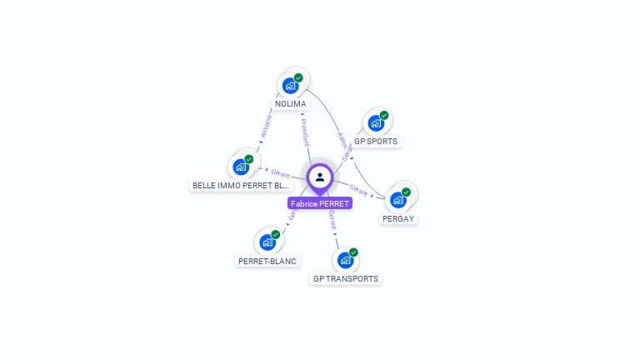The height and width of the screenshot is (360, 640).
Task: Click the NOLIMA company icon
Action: point(291,85)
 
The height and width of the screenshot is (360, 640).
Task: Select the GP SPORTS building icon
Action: point(376,123)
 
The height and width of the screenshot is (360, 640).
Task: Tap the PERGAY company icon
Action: point(398,200)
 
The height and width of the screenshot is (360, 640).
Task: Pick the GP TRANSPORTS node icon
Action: point(346,260)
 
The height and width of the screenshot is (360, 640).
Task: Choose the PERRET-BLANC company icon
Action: point(267,242)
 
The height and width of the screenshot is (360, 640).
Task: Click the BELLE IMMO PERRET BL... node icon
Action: point(241,167)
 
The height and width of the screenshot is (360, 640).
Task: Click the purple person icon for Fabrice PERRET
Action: point(320,177)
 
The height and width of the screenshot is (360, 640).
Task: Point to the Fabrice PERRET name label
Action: point(320,203)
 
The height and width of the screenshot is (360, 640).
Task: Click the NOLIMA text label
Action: point(291,104)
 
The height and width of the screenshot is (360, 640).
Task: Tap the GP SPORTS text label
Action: point(376,142)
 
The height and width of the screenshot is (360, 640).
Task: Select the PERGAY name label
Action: point(398,219)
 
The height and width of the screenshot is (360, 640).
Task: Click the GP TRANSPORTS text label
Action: point(346,279)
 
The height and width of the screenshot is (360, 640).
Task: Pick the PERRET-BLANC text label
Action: point(267,261)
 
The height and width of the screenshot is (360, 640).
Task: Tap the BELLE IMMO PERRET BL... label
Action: point(241,186)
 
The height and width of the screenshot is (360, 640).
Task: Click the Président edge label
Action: point(305,132)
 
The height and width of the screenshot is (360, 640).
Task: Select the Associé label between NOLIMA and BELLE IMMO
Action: point(265,126)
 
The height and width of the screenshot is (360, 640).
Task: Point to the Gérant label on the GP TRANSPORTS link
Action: point(332,220)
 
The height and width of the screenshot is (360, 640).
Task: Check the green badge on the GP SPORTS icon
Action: point(384,115)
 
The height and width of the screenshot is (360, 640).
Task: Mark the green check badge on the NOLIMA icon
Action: point(298,77)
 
